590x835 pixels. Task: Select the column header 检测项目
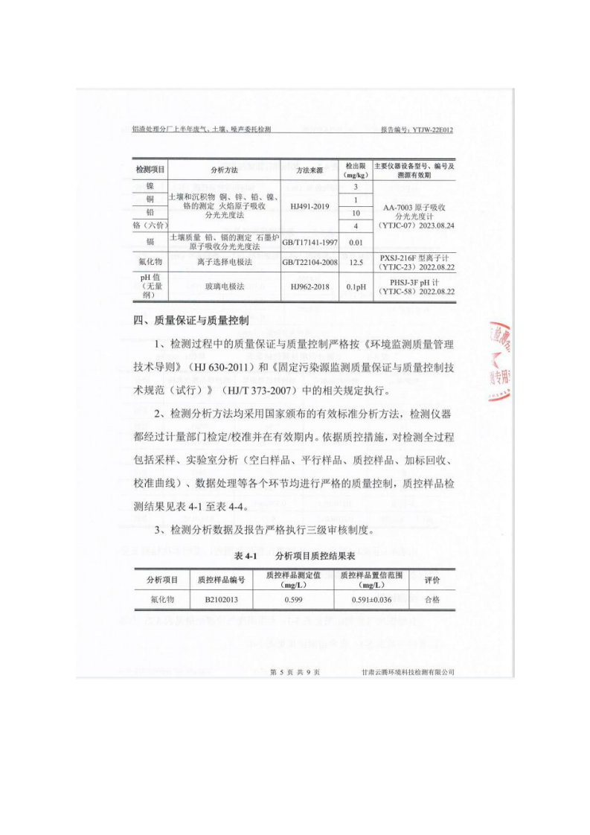pyautogui.click(x=150, y=170)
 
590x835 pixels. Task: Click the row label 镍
pyautogui.click(x=150, y=186)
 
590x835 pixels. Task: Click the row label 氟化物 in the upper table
pyautogui.click(x=150, y=262)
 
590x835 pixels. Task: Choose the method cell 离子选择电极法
pyautogui.click(x=224, y=262)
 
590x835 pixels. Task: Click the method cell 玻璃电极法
pyautogui.click(x=224, y=286)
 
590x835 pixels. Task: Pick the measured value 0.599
pyautogui.click(x=293, y=599)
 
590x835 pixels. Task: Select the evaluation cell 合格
pyautogui.click(x=432, y=599)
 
